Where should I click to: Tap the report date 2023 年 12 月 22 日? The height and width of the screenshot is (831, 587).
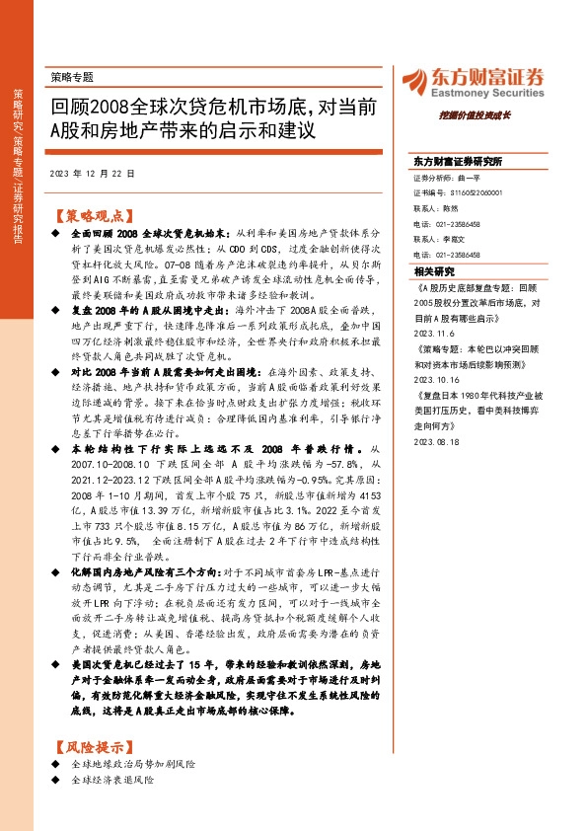point(91,172)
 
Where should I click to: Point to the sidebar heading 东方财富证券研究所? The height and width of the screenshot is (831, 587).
point(459,161)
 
